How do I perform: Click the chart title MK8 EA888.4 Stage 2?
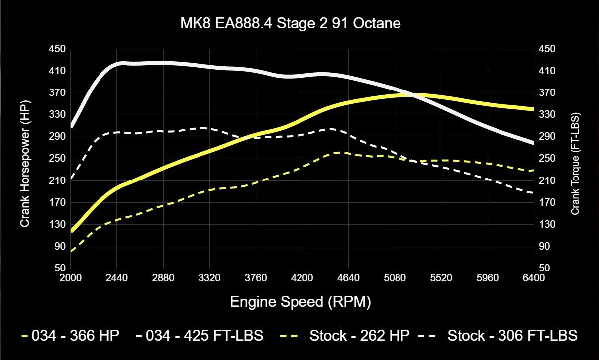tap(290, 23)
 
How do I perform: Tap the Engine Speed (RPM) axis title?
tap(300, 302)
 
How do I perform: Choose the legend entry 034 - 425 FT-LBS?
tap(204, 336)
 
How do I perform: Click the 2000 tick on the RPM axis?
tap(71, 278)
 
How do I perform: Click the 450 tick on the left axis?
tap(59, 49)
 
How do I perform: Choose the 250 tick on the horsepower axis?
tap(59, 159)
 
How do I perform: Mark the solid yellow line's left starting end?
tap(72, 231)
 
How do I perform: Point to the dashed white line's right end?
tap(533, 193)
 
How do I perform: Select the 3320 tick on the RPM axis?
tap(209, 278)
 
